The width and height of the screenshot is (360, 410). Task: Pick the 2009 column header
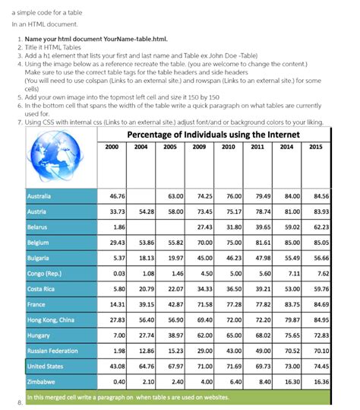tap(201, 147)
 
